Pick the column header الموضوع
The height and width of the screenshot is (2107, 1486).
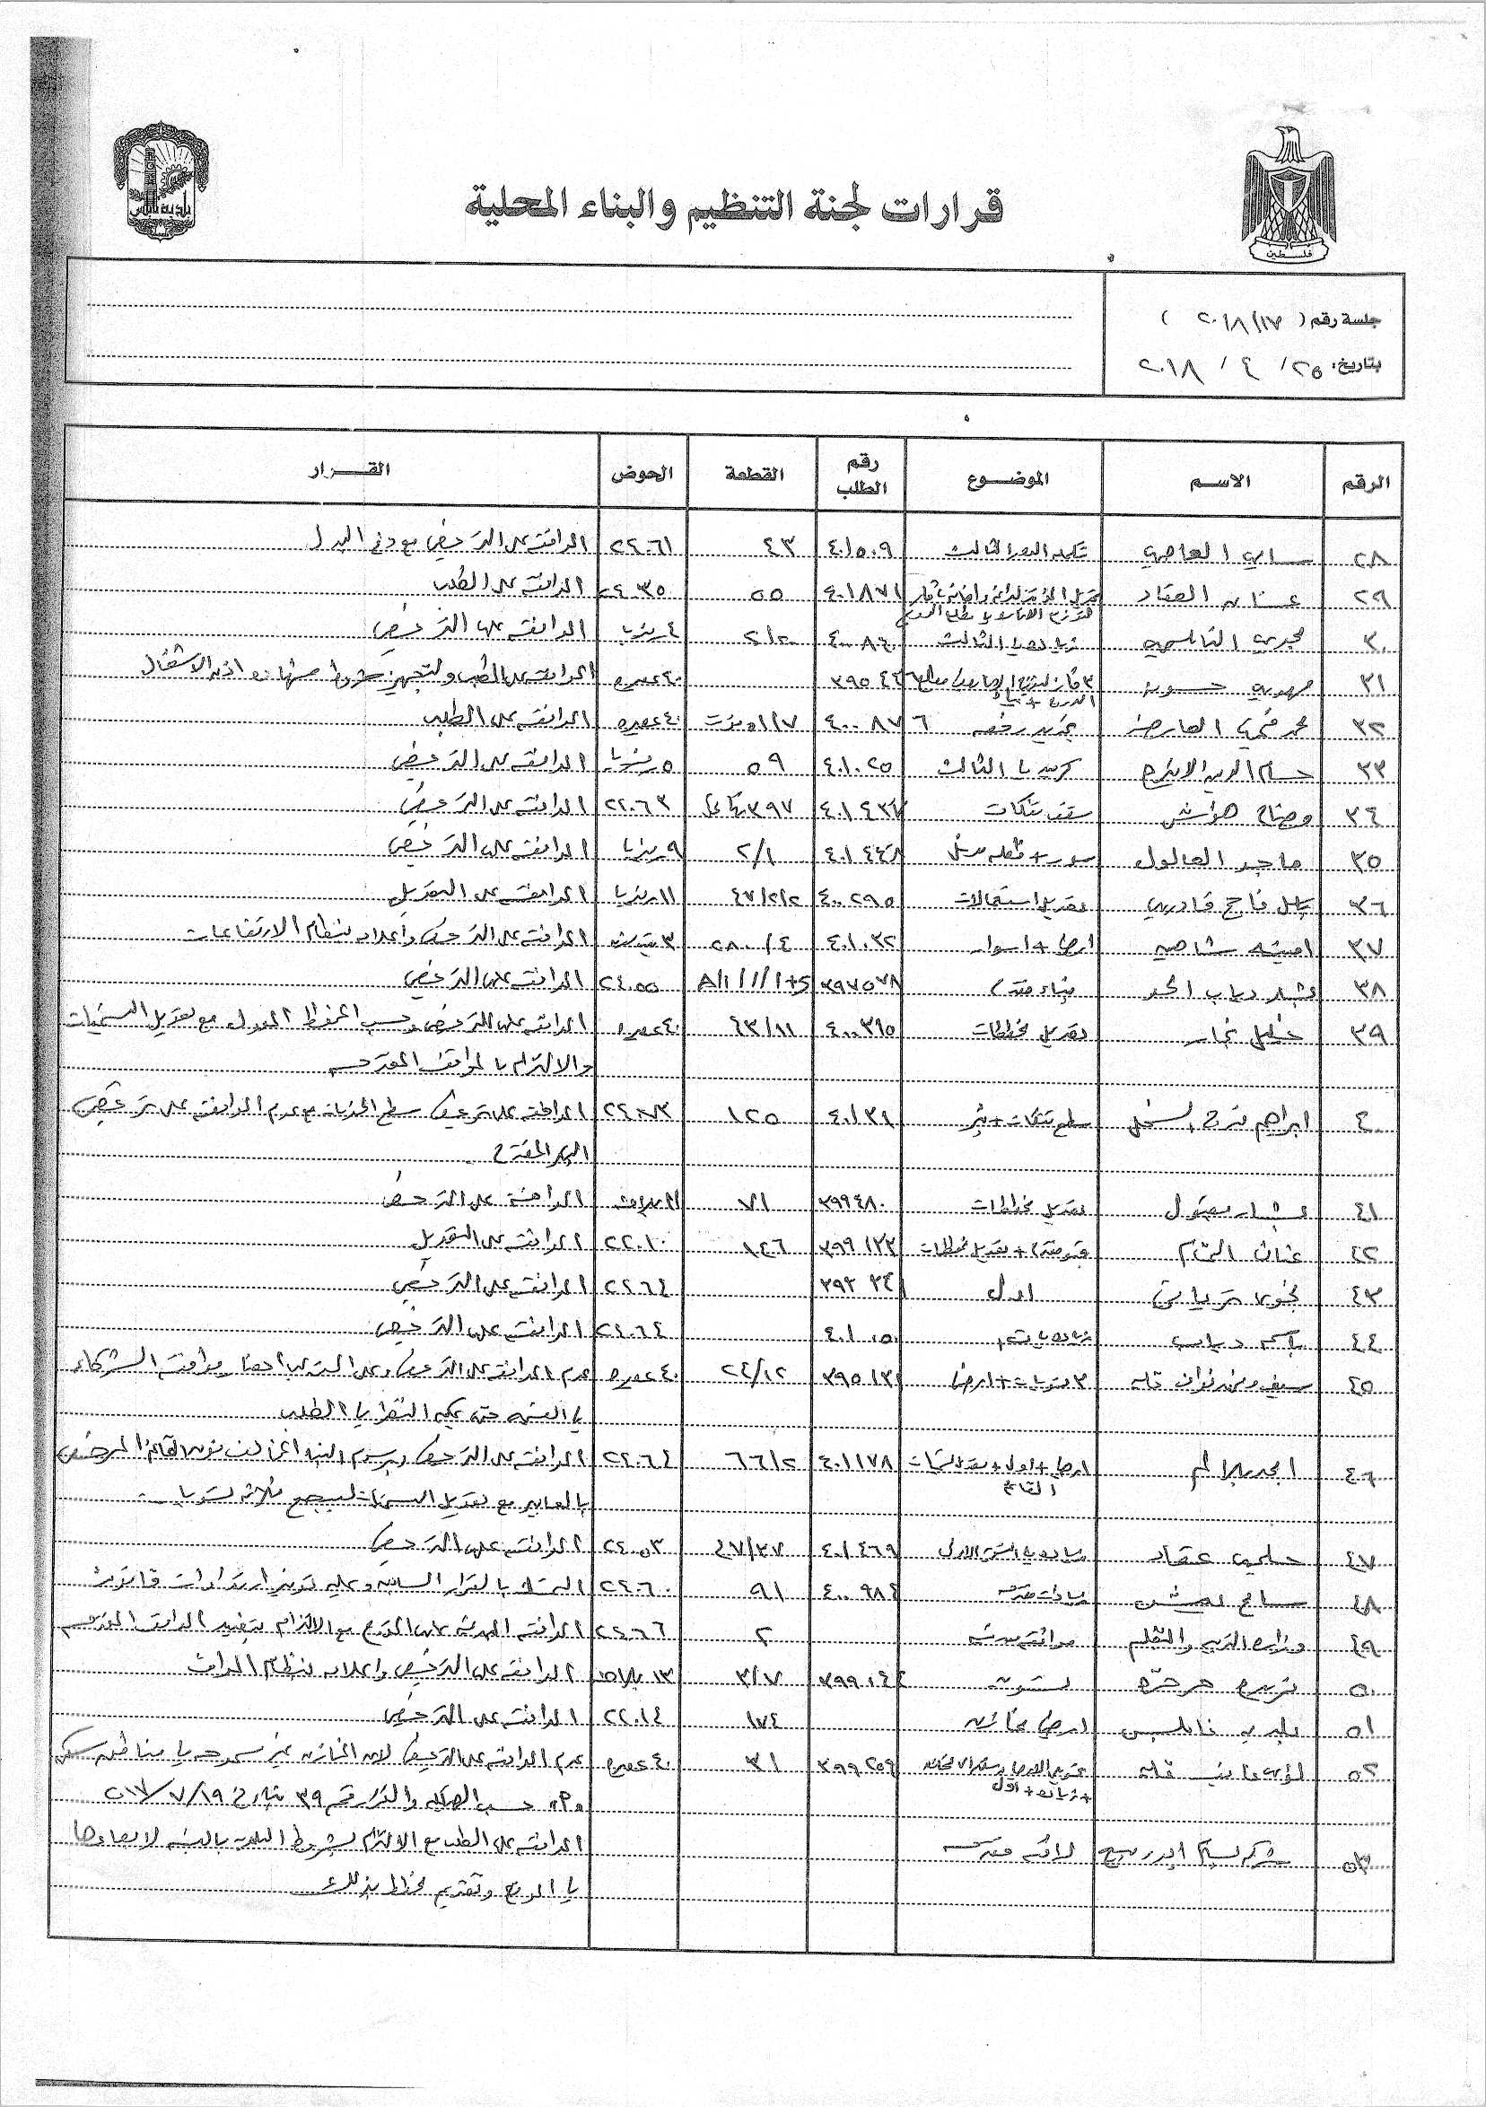(x=1006, y=478)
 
